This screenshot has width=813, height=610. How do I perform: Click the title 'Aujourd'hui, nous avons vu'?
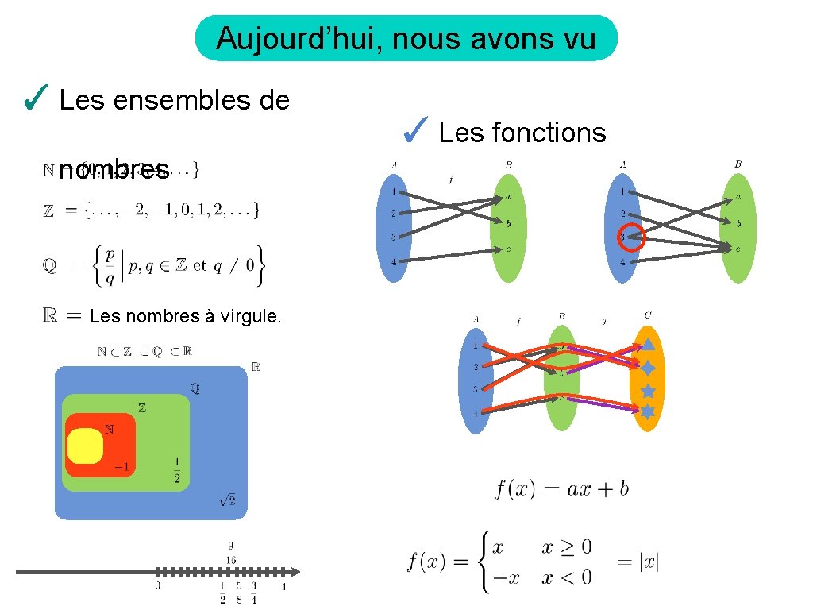click(406, 38)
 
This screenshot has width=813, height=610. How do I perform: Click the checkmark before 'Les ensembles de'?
click(37, 98)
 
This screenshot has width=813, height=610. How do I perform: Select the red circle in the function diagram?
click(633, 235)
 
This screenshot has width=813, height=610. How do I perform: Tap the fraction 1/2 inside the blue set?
click(176, 469)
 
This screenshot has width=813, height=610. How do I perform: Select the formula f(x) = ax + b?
click(561, 488)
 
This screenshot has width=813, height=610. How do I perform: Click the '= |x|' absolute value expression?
click(638, 562)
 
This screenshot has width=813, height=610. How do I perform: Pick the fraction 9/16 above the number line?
click(231, 553)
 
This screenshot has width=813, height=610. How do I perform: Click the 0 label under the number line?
click(158, 587)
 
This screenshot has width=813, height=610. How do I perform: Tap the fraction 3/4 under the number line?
click(253, 593)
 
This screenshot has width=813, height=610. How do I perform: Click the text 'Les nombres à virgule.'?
click(185, 316)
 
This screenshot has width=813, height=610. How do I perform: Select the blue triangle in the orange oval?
click(648, 344)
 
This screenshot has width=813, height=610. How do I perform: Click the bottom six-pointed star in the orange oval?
click(648, 411)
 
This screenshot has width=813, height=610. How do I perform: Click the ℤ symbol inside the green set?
click(142, 408)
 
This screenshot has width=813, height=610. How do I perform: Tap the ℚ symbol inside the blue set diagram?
click(195, 388)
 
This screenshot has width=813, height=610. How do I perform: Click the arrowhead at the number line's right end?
click(295, 572)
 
